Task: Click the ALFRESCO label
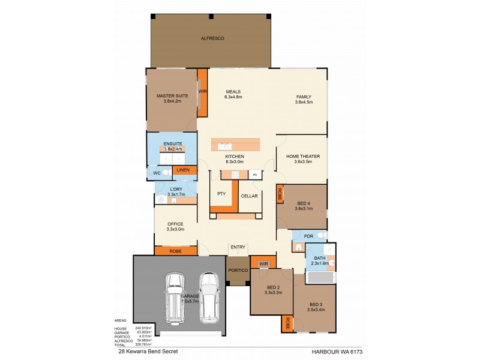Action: click(x=212, y=38)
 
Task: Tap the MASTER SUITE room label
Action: click(x=173, y=95)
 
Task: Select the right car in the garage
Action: click(x=209, y=295)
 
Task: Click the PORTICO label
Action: click(x=237, y=271)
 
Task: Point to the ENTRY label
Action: click(x=238, y=248)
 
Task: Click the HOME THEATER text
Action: click(x=298, y=156)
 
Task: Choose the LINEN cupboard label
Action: click(x=184, y=170)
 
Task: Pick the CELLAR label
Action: click(x=249, y=196)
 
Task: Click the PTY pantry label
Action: click(x=221, y=194)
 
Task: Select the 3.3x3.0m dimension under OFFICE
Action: click(x=175, y=229)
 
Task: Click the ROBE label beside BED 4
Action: click(x=280, y=194)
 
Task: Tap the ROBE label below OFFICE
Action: click(x=175, y=251)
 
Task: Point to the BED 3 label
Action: click(x=316, y=305)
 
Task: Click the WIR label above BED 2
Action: click(x=263, y=263)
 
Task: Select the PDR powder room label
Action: click(x=309, y=236)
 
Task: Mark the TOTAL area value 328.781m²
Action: click(x=143, y=346)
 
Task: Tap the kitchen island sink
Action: click(x=226, y=145)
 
